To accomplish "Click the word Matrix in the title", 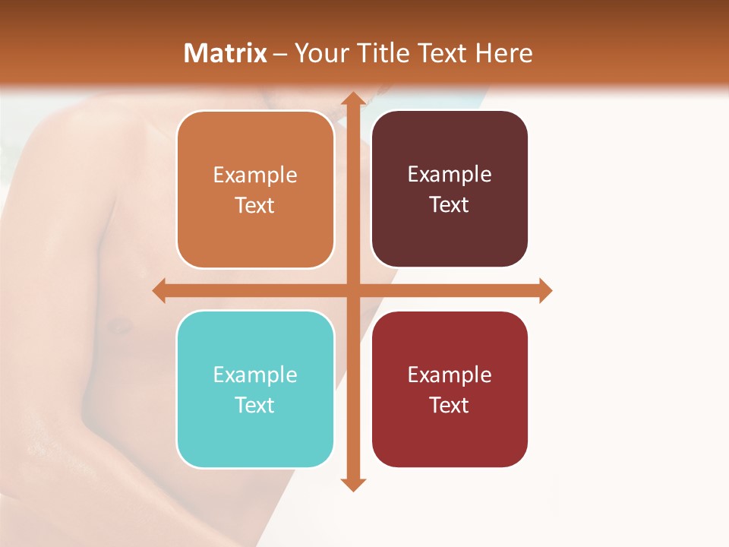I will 226,53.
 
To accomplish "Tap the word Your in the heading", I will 318,53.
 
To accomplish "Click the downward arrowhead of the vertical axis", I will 352,484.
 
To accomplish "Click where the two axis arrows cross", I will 352,290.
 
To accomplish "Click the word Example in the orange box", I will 255,175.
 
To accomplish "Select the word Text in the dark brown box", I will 450,204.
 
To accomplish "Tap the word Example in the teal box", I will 255,375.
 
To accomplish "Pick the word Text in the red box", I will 450,405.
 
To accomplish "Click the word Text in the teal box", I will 255,405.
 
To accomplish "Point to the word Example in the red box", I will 450,375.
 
